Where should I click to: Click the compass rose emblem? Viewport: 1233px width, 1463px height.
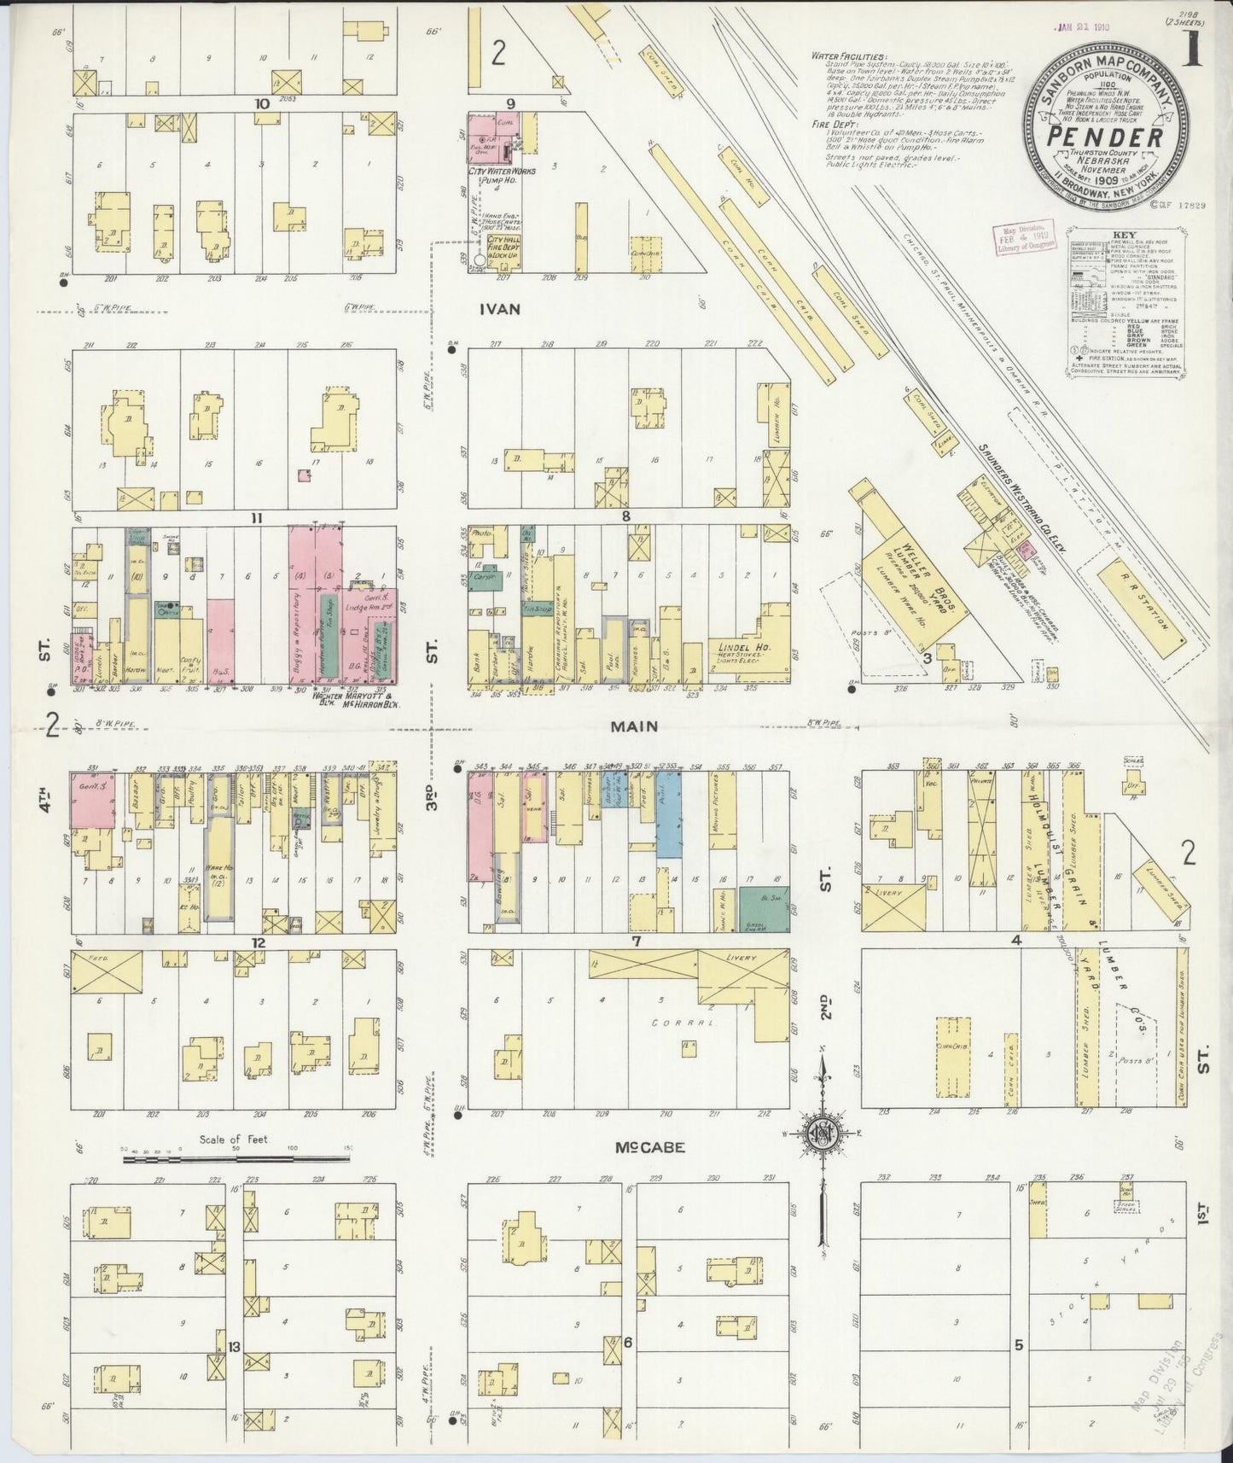pyautogui.click(x=821, y=1133)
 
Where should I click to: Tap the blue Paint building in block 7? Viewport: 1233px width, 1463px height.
pyautogui.click(x=669, y=815)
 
